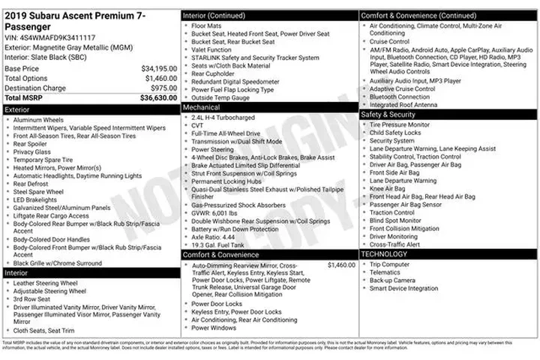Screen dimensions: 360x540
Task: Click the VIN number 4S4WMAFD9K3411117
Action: coord(57,37)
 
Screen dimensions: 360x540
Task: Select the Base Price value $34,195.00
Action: coord(159,68)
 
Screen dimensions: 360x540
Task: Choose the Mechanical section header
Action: coord(201,107)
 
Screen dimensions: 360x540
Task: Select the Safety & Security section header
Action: coord(388,114)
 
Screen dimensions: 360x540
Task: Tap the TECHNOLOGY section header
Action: coord(384,254)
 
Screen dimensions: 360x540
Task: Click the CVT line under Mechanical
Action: coord(198,126)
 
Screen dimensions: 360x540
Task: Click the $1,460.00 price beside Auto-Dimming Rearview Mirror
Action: coord(341,265)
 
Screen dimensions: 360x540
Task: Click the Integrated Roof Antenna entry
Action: coord(403,104)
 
